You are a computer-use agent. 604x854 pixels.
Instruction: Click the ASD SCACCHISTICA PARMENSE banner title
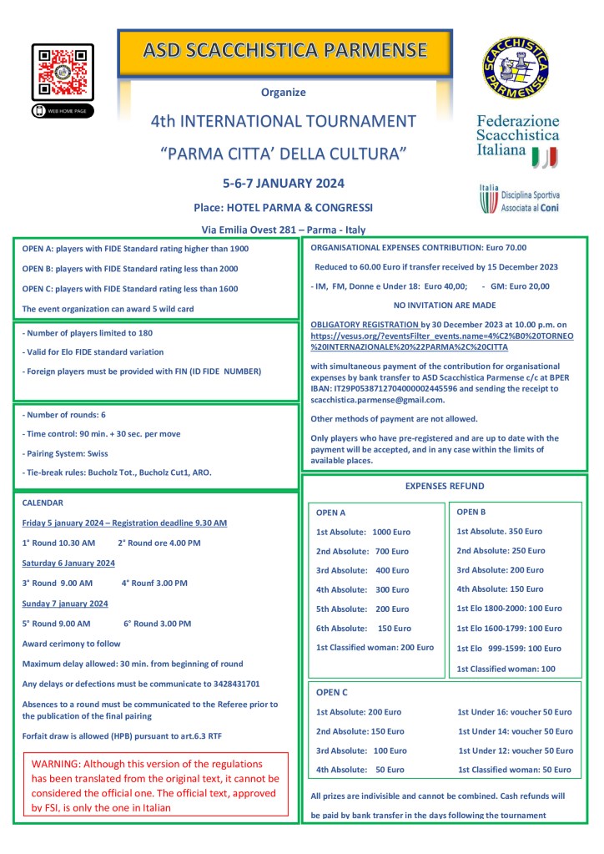coord(285,50)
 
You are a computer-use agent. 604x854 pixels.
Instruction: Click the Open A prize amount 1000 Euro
coord(392,532)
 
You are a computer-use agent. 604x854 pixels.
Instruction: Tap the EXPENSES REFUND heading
coord(444,485)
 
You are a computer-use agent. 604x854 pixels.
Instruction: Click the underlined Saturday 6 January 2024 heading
coord(68,563)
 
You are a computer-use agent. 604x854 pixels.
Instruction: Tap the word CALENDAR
coord(43,503)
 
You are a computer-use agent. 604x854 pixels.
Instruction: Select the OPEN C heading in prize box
coord(332,692)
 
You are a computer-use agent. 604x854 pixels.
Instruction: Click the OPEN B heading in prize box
coord(471,512)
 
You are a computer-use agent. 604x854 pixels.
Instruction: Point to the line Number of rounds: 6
coord(63,415)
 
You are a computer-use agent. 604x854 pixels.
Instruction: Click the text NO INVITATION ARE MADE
coord(444,306)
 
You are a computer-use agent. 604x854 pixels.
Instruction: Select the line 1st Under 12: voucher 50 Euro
coord(515,750)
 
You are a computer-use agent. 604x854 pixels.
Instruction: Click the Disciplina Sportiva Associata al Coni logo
coord(517,200)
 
